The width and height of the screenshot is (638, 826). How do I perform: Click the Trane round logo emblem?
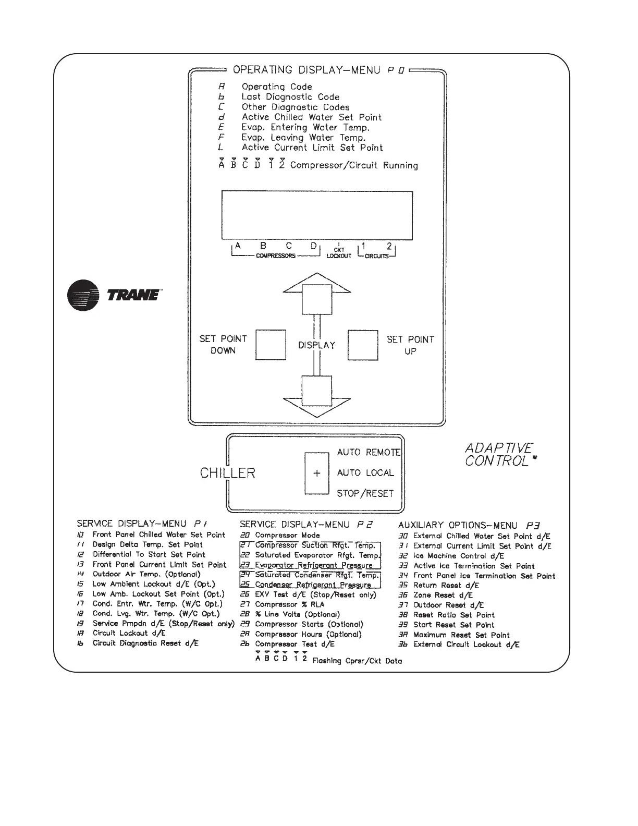83,295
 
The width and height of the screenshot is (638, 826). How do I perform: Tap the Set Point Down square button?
271,345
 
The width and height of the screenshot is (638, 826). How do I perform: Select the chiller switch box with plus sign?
317,473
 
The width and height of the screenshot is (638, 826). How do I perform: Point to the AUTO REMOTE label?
369,452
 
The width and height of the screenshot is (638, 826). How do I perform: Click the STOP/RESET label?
365,493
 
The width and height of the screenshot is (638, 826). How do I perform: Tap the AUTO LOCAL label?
365,473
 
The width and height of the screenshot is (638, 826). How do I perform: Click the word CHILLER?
228,473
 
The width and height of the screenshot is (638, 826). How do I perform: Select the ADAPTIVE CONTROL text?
499,455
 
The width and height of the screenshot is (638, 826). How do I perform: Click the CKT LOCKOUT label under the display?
339,253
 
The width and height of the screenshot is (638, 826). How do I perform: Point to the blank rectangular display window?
317,214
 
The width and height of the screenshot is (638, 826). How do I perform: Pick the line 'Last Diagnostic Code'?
290,97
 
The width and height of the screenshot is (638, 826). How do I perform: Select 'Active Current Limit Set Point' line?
312,148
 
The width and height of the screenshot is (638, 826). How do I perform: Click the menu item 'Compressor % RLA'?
289,604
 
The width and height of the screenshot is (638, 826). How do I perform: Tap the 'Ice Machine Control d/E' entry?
458,556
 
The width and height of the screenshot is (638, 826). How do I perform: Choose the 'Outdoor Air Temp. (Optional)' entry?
146,574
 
